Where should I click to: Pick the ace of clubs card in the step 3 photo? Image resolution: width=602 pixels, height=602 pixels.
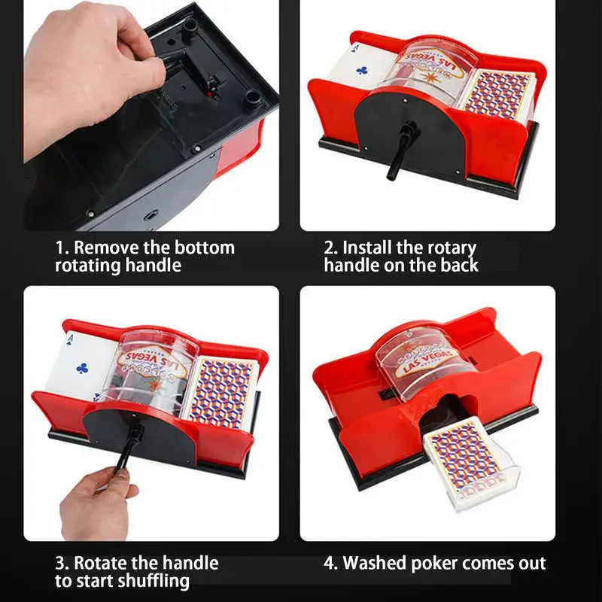[x=79, y=361]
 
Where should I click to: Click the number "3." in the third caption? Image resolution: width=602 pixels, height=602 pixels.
[x=63, y=563]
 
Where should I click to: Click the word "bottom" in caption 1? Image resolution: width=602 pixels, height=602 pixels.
[x=205, y=248]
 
